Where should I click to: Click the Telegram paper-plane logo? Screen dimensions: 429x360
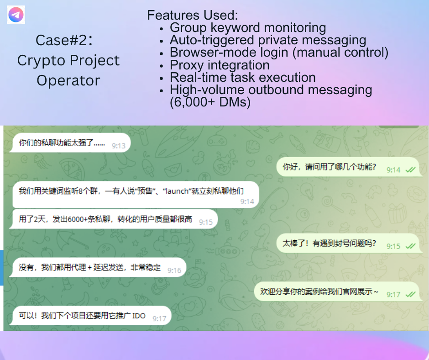(x=16, y=15)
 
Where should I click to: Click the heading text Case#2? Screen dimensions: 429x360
(x=64, y=40)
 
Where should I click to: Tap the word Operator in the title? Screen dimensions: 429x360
(x=68, y=80)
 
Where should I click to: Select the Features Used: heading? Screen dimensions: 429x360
(x=192, y=15)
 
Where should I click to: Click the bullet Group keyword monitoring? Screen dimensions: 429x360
(x=248, y=28)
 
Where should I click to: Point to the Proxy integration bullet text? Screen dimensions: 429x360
(x=220, y=65)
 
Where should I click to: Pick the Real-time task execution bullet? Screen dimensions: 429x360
(x=243, y=77)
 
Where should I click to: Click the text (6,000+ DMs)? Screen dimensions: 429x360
(x=210, y=102)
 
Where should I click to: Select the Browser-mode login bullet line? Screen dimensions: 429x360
(x=279, y=53)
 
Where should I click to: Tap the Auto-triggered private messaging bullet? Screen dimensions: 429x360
(x=268, y=40)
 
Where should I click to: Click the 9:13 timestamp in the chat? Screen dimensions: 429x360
(x=119, y=146)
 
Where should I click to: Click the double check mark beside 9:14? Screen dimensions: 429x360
(x=410, y=170)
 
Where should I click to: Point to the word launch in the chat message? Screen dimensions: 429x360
(x=177, y=191)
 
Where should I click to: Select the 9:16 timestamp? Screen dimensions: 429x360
(x=174, y=270)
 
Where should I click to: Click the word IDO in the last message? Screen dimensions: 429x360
(x=139, y=316)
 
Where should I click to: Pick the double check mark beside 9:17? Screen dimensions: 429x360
(x=410, y=295)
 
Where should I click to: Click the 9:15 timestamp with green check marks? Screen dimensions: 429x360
(x=393, y=246)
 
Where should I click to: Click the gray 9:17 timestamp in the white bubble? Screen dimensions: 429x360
(x=159, y=318)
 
